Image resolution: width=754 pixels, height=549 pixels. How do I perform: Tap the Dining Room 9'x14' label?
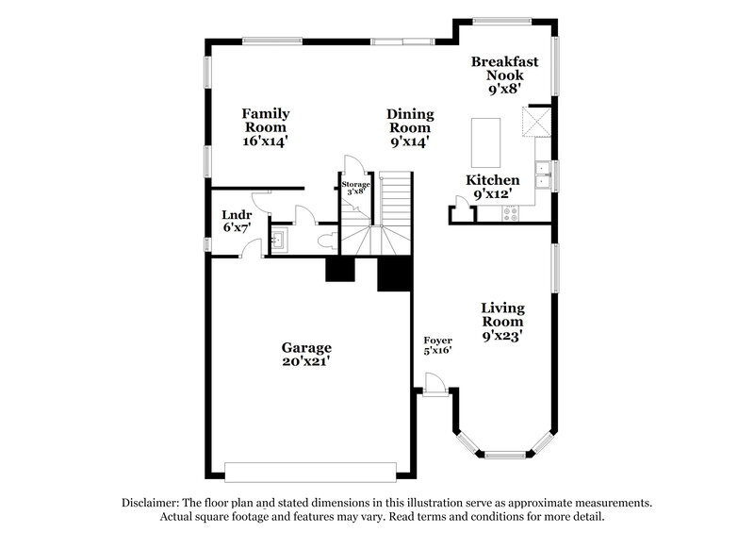(x=409, y=127)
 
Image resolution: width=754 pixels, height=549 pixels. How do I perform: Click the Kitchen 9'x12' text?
(x=493, y=187)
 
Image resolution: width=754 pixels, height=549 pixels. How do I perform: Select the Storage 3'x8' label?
(x=355, y=187)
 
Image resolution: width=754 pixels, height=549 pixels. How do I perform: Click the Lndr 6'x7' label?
(x=236, y=220)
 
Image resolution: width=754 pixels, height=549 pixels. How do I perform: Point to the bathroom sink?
(x=280, y=240)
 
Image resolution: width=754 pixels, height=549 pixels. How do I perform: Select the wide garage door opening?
(x=310, y=471)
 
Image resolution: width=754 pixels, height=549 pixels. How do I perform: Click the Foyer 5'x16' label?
(x=437, y=345)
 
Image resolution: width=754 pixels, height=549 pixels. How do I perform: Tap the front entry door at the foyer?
(x=434, y=384)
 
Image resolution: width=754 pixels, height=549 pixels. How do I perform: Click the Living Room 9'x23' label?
(x=502, y=321)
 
